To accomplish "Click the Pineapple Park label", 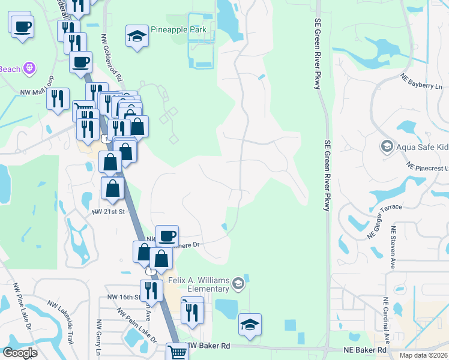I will click(178, 29).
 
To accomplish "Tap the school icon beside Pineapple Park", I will click(137, 36).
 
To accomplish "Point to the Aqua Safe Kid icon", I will click(387, 146).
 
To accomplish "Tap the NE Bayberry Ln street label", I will click(421, 82).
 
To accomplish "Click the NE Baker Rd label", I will click(364, 349).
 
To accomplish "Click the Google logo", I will click(20, 353).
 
